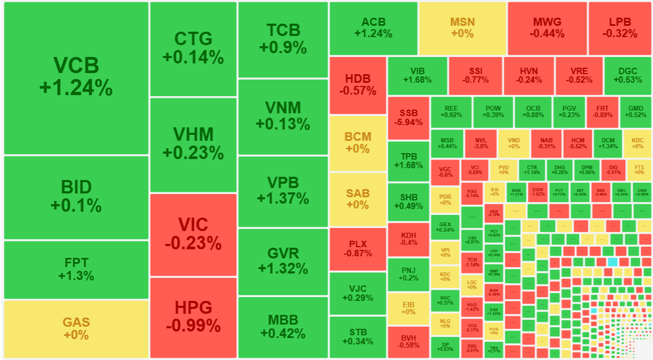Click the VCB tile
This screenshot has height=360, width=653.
click(x=76, y=78)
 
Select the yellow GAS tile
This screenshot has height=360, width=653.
click(x=76, y=328)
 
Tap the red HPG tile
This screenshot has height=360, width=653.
click(x=193, y=317)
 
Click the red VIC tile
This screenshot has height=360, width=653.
click(x=193, y=234)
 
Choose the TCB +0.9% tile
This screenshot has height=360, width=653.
click(x=283, y=39)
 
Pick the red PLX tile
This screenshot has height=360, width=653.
click(x=358, y=248)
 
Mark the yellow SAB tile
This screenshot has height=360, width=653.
click(x=358, y=199)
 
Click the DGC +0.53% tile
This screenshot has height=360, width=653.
click(x=627, y=76)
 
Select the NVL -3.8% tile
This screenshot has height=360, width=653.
click(x=481, y=143)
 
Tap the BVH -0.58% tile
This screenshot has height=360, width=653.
click(x=409, y=342)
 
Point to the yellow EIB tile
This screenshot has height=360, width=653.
click(x=409, y=308)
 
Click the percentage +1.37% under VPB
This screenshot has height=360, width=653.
click(x=283, y=198)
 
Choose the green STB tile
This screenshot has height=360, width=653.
click(x=358, y=337)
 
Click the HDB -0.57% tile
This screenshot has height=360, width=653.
click(x=358, y=85)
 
